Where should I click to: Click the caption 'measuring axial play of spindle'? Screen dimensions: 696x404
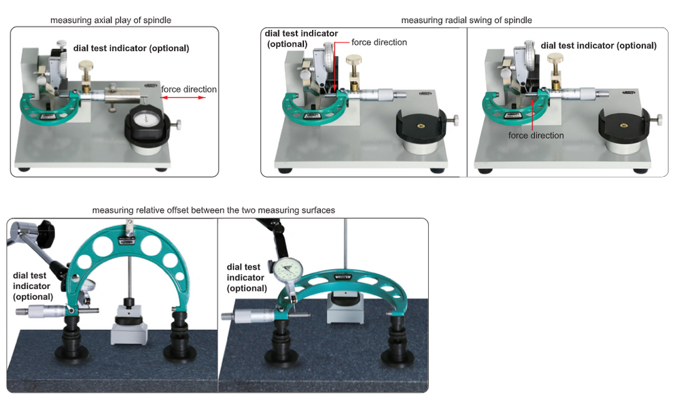coord(111,20)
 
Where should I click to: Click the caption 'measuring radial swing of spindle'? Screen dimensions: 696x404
coord(466,20)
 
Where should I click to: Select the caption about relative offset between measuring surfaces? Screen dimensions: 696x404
coord(213,210)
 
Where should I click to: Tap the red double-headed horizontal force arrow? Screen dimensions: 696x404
coord(184,97)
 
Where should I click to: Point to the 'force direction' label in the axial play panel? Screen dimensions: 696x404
coord(189,89)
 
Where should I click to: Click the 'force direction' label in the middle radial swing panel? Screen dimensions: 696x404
coord(379,42)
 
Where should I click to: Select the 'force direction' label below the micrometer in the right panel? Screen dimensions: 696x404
coord(536,135)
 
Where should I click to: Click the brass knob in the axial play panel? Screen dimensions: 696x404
coord(86,67)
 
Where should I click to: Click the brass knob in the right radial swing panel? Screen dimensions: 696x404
coord(555,58)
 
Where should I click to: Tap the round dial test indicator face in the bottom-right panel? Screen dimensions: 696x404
coord(288,271)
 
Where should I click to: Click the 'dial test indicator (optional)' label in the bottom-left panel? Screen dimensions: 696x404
coord(33,286)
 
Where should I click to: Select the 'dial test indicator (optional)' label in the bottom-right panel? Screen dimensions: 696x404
coord(247,277)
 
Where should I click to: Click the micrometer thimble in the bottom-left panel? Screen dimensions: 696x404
coord(40,311)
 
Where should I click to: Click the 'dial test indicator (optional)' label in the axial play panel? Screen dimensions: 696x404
coord(131,48)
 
